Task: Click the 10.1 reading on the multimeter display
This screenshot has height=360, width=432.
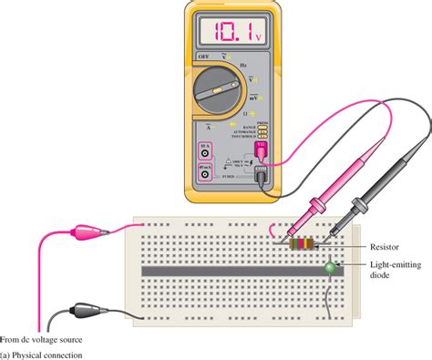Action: tap(219, 34)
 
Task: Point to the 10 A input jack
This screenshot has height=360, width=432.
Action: tap(203, 153)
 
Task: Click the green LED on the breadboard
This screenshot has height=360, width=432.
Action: tap(329, 267)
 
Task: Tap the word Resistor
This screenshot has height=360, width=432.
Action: tap(386, 246)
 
